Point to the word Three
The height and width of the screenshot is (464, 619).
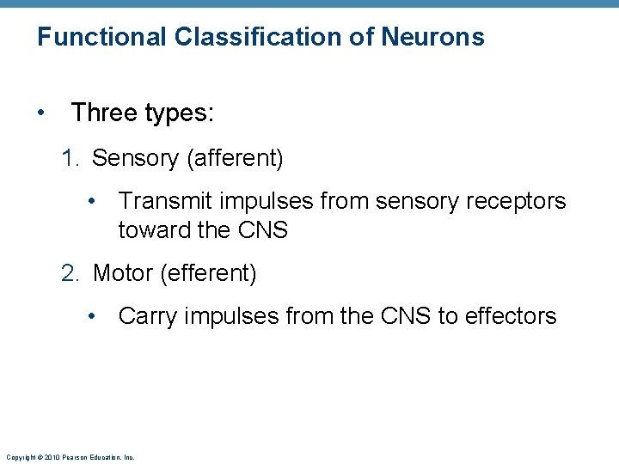click(103, 112)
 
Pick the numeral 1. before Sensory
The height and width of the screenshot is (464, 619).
click(71, 158)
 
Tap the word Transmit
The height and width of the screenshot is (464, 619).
click(166, 201)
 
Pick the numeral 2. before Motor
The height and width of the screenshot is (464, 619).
click(71, 273)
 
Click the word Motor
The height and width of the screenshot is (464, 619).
click(123, 273)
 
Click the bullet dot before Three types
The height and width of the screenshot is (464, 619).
click(41, 113)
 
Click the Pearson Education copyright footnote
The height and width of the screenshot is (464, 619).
click(70, 457)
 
